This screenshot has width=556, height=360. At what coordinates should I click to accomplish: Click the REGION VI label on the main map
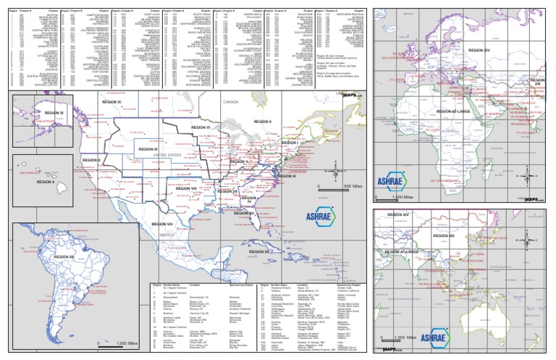click(199, 127)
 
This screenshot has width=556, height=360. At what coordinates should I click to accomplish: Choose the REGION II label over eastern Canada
click(260, 121)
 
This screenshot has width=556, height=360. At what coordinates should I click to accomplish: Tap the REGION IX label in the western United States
click(150, 149)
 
